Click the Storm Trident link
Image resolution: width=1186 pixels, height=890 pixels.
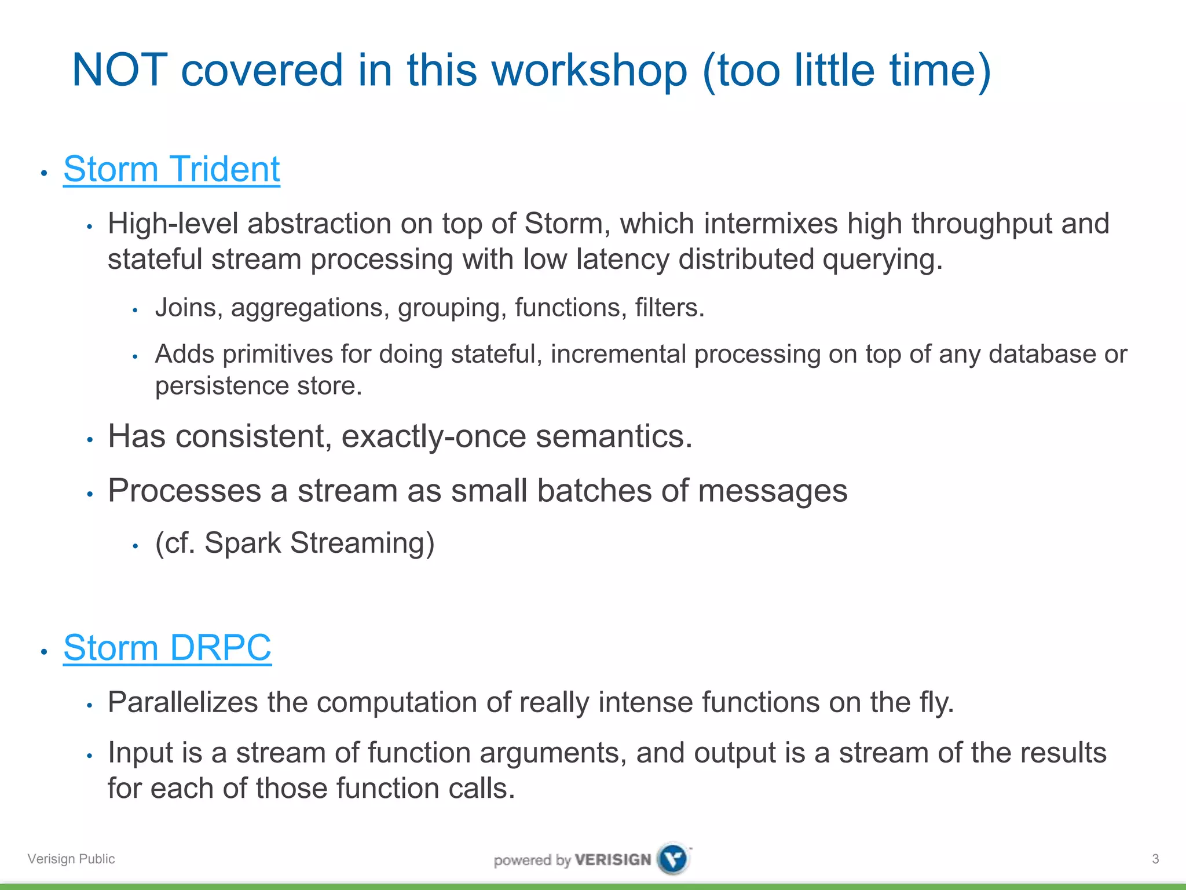click(x=171, y=169)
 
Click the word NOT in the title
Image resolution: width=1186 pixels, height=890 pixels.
click(x=120, y=70)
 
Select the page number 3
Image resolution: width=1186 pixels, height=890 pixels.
click(x=1155, y=859)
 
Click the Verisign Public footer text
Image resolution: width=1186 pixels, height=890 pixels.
click(x=71, y=859)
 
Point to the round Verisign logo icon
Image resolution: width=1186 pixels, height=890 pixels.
click(x=673, y=859)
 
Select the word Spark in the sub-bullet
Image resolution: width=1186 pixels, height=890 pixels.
click(x=242, y=543)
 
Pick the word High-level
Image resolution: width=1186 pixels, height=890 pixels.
click(x=173, y=224)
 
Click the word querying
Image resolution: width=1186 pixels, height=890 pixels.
click(x=883, y=260)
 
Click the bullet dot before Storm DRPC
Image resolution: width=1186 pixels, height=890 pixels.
click(x=44, y=651)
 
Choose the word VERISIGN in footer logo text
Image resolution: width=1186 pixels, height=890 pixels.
click(x=613, y=859)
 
